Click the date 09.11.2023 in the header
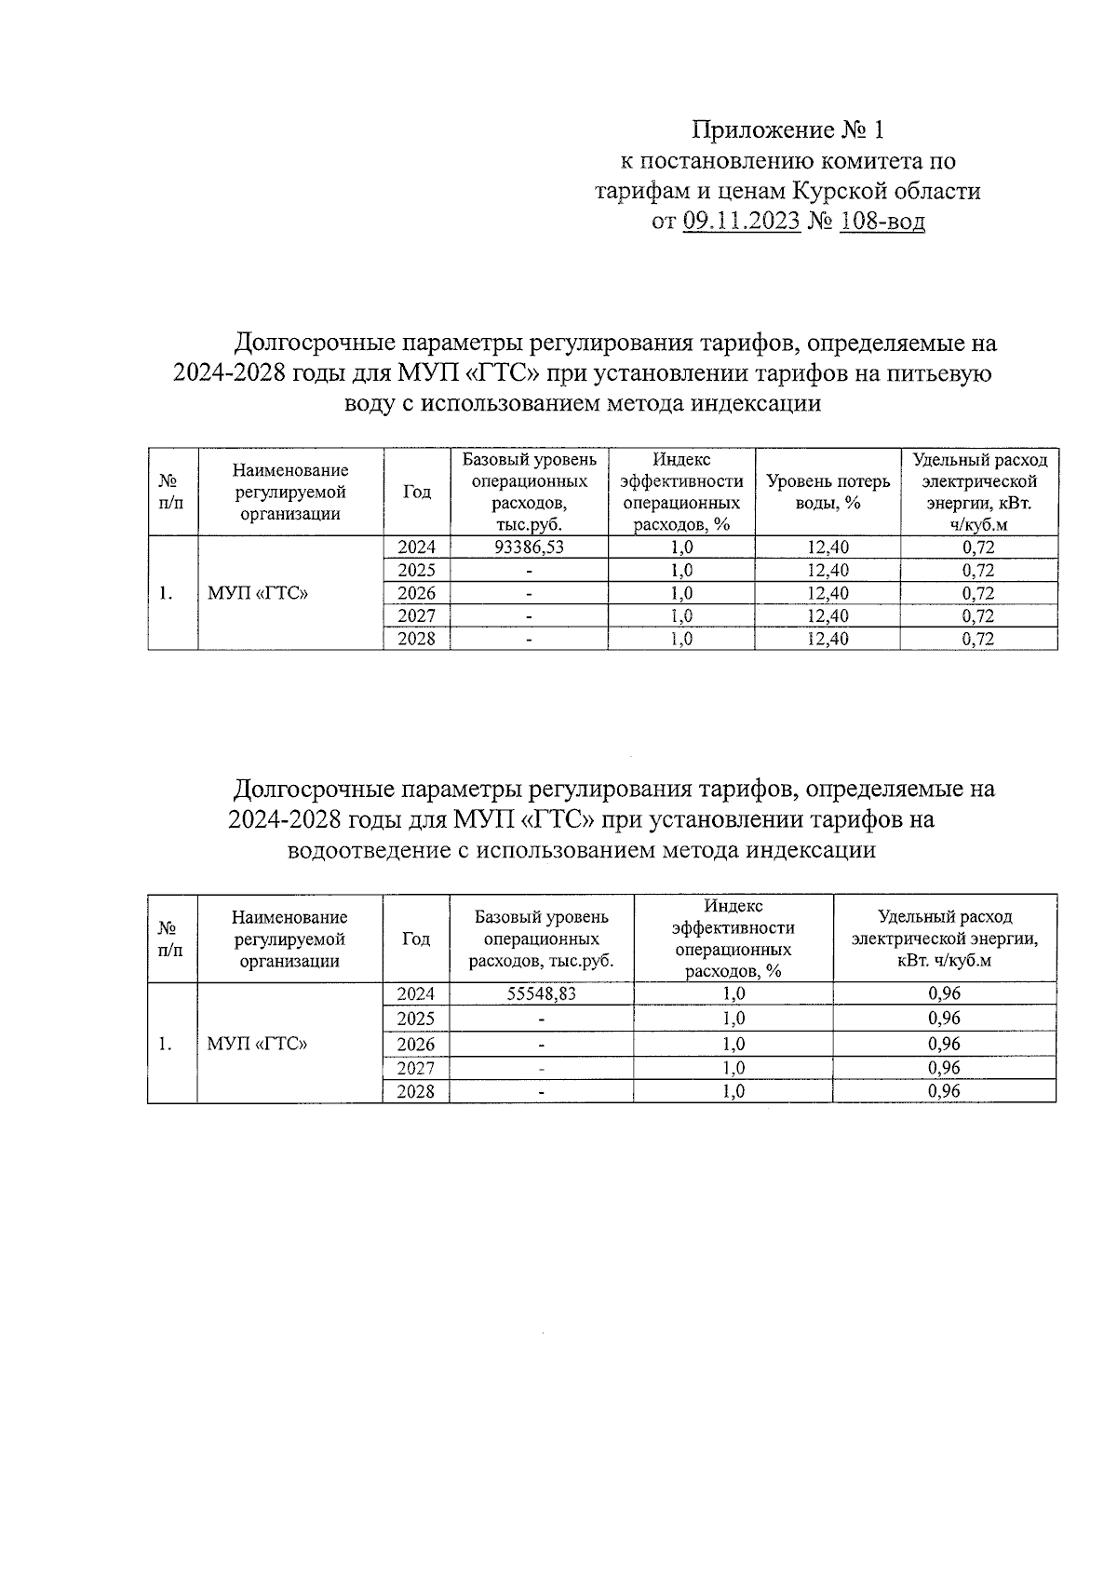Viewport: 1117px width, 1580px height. pyautogui.click(x=742, y=222)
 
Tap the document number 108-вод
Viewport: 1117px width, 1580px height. pyautogui.click(x=881, y=222)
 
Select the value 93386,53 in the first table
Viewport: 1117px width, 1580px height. pyautogui.click(x=529, y=547)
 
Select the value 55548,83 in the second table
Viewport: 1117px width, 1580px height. pyautogui.click(x=541, y=993)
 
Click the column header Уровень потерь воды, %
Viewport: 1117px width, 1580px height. pyautogui.click(x=828, y=492)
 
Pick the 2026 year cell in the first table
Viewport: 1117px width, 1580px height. pyautogui.click(x=416, y=593)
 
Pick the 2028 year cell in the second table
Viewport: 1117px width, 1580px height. pyautogui.click(x=415, y=1091)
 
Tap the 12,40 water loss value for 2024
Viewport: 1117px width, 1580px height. pyautogui.click(x=828, y=547)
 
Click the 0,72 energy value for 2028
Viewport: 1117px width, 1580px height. pyautogui.click(x=978, y=639)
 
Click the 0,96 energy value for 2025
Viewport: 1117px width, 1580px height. pyautogui.click(x=944, y=1019)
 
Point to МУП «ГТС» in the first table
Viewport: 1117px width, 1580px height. pyautogui.click(x=259, y=593)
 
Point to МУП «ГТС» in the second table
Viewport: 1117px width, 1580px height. pyautogui.click(x=257, y=1044)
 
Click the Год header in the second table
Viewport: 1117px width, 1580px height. pyautogui.click(x=415, y=939)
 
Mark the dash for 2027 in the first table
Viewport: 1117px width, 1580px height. pyautogui.click(x=529, y=616)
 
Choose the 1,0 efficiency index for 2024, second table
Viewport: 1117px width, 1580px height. pyautogui.click(x=733, y=993)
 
